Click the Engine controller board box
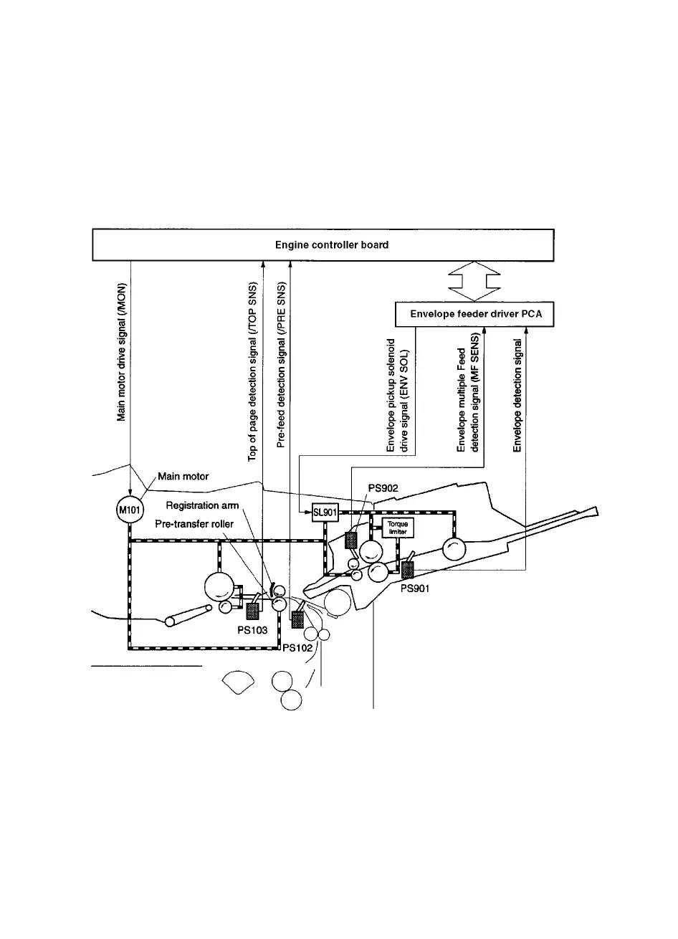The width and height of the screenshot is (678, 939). (x=323, y=245)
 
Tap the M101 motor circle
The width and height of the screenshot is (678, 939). (x=130, y=511)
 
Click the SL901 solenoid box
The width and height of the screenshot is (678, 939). (x=325, y=513)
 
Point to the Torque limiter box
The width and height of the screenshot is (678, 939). (x=397, y=528)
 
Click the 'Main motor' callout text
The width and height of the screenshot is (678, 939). (x=183, y=476)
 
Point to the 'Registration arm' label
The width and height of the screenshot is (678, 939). (x=202, y=506)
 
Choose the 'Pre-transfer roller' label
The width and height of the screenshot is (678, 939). (x=194, y=524)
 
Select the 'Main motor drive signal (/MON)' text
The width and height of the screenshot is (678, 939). (x=123, y=351)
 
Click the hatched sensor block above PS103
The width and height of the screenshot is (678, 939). (x=253, y=611)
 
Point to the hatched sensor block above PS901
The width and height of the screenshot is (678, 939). (x=408, y=571)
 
